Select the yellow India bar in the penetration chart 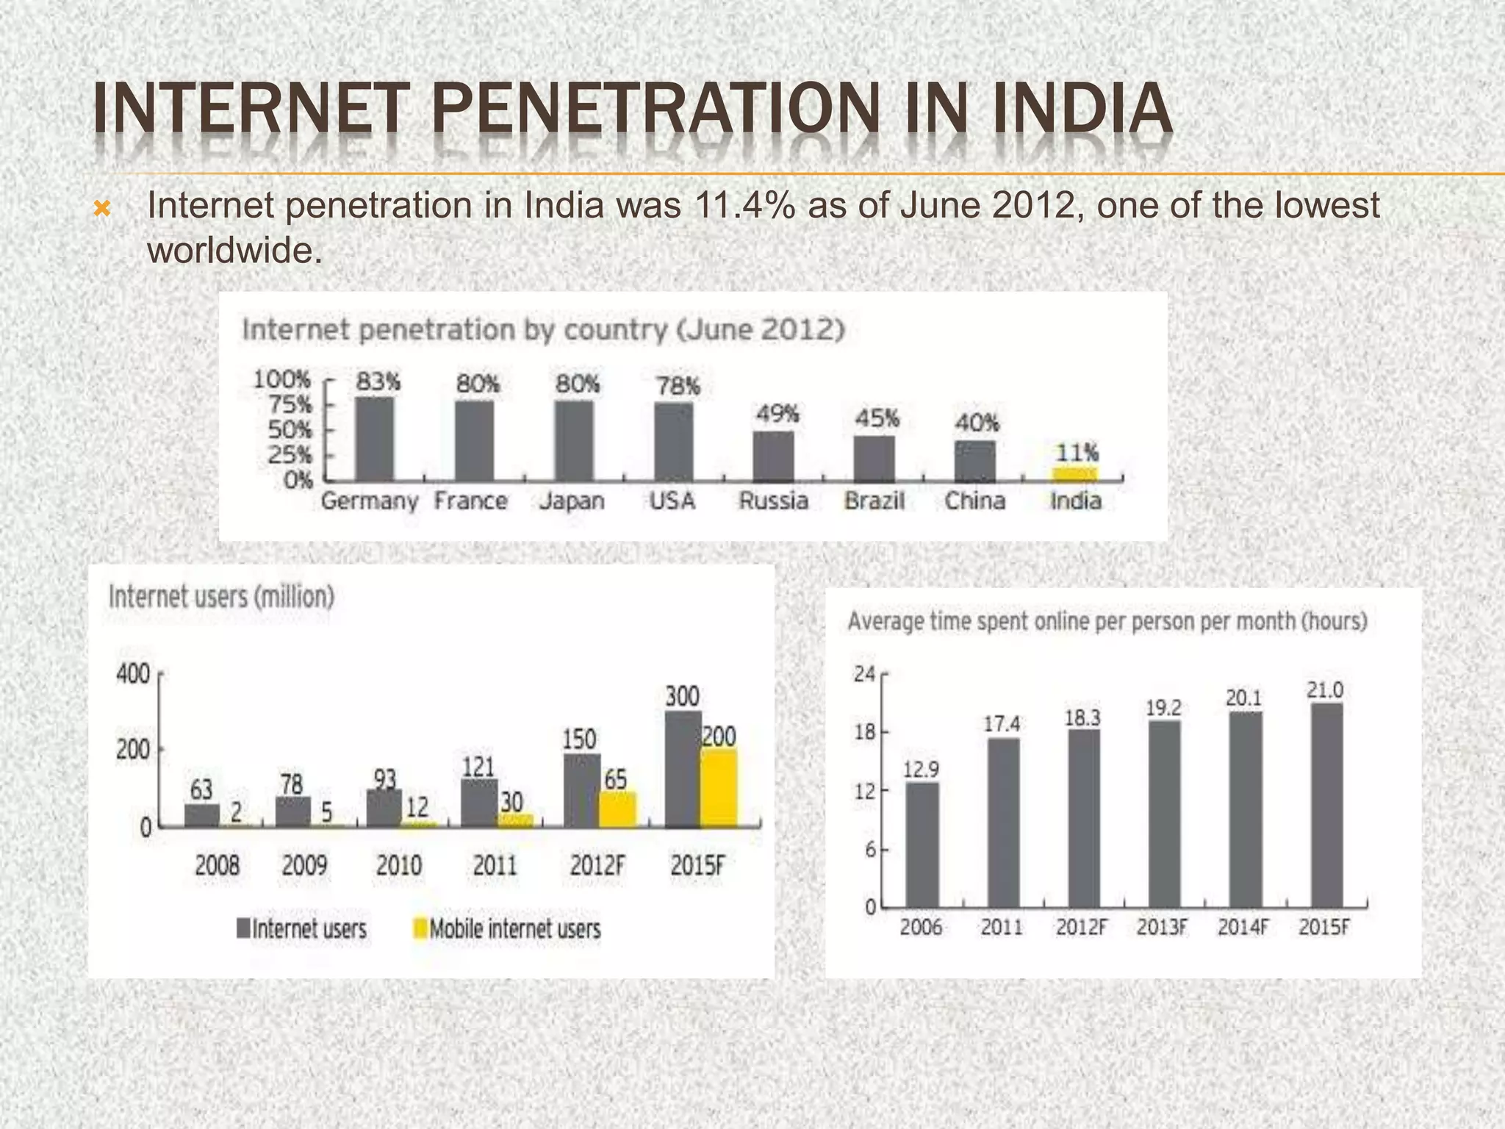1075,474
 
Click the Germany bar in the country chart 375,440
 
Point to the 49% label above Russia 777,415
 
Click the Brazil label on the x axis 874,501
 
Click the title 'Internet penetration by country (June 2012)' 542,329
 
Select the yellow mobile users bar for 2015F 719,789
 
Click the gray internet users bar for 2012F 582,791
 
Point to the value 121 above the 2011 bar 478,767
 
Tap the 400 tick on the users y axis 133,674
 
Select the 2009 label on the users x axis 304,865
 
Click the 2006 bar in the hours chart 922,845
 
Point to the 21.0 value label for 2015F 1325,690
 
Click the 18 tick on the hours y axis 865,732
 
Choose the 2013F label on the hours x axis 1162,928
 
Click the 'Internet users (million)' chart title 221,597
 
